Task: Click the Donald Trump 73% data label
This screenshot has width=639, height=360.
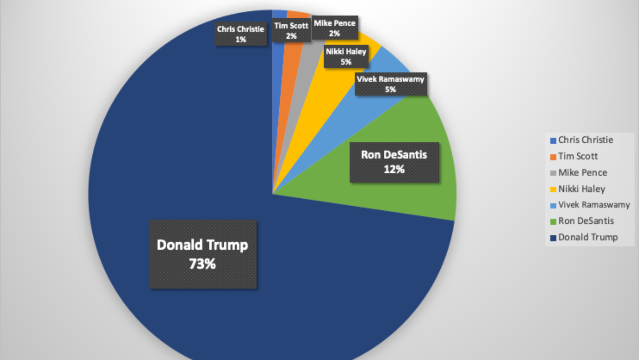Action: point(203,254)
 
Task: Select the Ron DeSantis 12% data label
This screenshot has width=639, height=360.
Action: point(394,162)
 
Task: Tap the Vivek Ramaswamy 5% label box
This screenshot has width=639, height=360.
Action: point(390,84)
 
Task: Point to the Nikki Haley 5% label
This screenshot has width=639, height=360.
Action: point(346,56)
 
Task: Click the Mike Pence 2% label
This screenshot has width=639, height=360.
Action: point(334,28)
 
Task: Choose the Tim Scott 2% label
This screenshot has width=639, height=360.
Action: point(291,31)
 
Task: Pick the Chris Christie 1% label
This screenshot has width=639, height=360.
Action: point(241,34)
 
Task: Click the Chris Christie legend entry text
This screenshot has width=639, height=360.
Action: point(585,140)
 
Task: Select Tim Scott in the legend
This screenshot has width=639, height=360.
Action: point(577,156)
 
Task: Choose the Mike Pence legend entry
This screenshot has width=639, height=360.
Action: point(582,173)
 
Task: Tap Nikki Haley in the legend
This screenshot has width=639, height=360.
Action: point(581,189)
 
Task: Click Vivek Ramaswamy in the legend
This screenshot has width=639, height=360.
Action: point(593,205)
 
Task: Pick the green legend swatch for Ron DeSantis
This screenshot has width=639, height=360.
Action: point(553,222)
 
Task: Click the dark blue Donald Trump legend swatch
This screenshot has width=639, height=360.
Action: point(553,238)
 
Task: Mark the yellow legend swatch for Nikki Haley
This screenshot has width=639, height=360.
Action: point(553,189)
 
